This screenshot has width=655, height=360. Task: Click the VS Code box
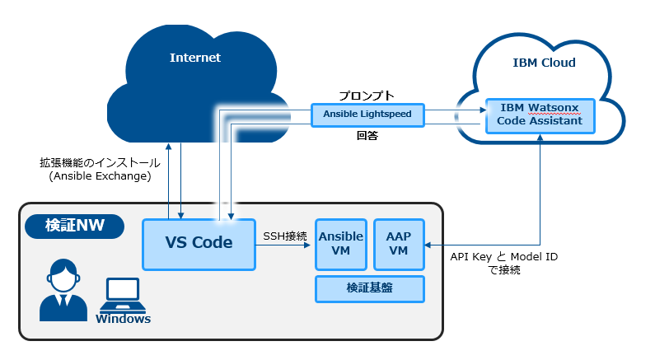coord(199,245)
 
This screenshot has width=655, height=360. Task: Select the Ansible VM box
coord(341,245)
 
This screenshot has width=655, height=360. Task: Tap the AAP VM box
coord(399,245)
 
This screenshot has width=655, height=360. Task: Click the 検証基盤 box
coord(370,288)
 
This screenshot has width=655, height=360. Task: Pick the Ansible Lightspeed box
coord(367,115)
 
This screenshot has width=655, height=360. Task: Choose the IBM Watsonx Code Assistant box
coord(540,115)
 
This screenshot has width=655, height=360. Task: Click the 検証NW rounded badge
coord(75,226)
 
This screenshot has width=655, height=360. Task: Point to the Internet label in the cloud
coord(195,58)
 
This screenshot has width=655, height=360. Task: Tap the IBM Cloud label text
coord(544,63)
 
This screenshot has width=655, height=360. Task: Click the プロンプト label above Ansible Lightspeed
coord(367,96)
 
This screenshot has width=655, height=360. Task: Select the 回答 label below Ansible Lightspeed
coord(367,135)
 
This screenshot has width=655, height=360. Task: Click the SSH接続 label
coord(285,236)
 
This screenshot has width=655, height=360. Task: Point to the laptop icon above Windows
coord(123,295)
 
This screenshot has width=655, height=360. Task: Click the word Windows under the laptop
coord(123,319)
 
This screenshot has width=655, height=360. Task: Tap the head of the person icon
coord(63,276)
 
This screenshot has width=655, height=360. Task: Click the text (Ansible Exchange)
coord(100,175)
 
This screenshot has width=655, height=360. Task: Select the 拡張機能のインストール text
coord(100,162)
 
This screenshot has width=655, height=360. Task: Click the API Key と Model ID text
coord(503,256)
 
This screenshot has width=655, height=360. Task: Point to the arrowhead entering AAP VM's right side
coord(428,245)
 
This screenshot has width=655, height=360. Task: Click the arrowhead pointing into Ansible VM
coord(307,245)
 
